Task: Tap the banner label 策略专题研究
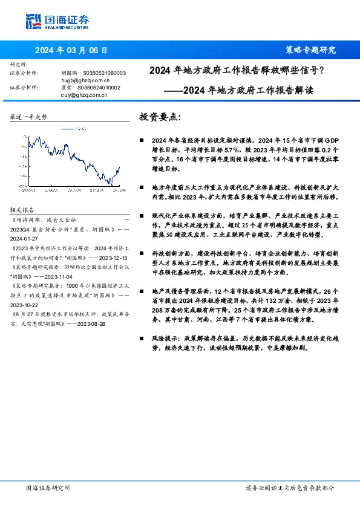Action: [x=310, y=50]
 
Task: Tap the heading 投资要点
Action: [x=160, y=117]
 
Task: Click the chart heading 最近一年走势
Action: [x=28, y=117]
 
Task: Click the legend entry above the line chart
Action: [x=71, y=128]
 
